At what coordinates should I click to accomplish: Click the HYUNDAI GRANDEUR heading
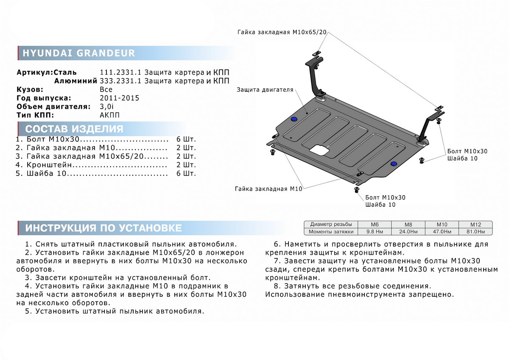pos(78,53)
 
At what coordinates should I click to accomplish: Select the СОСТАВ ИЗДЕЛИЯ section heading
pos(75,129)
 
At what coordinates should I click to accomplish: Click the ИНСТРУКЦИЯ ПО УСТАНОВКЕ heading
pos(103,228)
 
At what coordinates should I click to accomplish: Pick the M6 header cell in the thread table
pos(375,224)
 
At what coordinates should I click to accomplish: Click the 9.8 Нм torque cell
pos(375,231)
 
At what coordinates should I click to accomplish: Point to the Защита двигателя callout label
pos(265,90)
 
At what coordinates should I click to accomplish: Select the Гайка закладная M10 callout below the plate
pos(268,189)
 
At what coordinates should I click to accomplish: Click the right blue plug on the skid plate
pos(394,163)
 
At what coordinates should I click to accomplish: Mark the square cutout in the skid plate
pos(319,149)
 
